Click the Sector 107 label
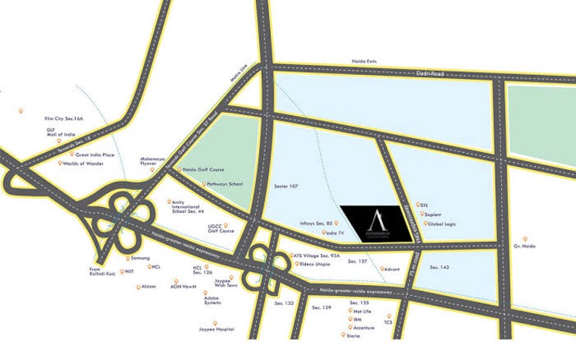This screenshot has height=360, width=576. (x=286, y=187)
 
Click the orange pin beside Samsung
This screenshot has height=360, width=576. (x=128, y=258)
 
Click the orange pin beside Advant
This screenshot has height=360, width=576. (x=381, y=269)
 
